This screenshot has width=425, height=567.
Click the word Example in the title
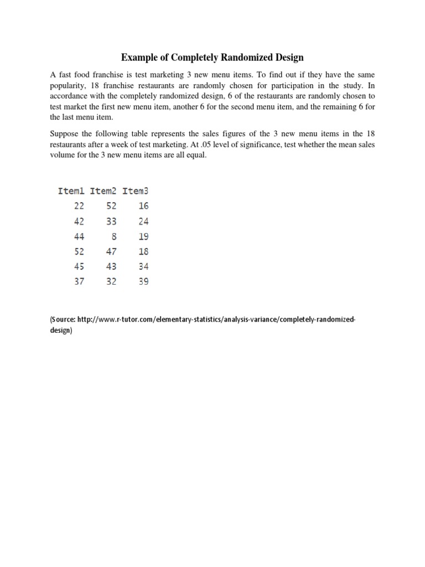coord(139,58)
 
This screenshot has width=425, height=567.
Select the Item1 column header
coord(71,191)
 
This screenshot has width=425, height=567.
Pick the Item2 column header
coord(103,191)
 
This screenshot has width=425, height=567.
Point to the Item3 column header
coord(136,191)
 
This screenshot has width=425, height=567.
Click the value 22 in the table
coord(79,206)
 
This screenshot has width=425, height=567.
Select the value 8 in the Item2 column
coord(113,236)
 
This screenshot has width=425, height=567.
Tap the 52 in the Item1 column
coord(79,251)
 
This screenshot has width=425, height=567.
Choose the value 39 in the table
coord(143,281)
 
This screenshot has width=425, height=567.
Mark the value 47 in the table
coord(111,251)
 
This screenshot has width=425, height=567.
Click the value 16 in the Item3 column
coord(143,206)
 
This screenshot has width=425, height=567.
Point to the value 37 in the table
coord(79,281)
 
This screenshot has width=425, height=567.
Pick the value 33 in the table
coord(111,221)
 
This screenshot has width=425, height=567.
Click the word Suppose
coord(65,133)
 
